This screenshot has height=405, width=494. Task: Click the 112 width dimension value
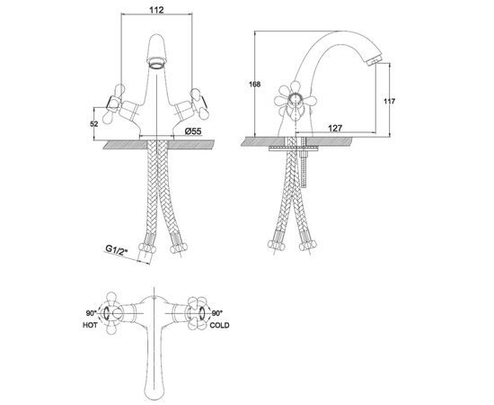click(156, 10)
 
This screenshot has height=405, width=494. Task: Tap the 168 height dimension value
click(254, 85)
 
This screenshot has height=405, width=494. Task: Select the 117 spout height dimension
click(390, 102)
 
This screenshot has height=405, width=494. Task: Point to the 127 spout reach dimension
click(335, 128)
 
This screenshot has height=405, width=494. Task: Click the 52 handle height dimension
click(94, 123)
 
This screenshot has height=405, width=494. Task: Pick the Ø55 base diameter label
click(193, 130)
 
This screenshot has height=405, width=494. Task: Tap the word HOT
click(90, 325)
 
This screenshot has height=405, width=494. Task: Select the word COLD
click(219, 325)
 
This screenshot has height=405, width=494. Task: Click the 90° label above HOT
click(91, 313)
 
